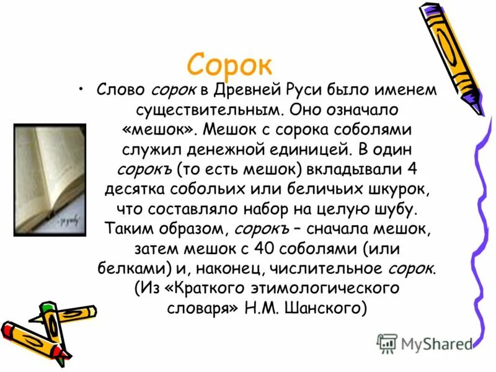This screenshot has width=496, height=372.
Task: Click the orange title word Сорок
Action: coord(229,63)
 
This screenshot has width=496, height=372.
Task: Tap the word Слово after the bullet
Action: coord(121,91)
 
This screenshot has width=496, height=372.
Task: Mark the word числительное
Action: coord(335,268)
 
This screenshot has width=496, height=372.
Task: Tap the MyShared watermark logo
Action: coord(425,343)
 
